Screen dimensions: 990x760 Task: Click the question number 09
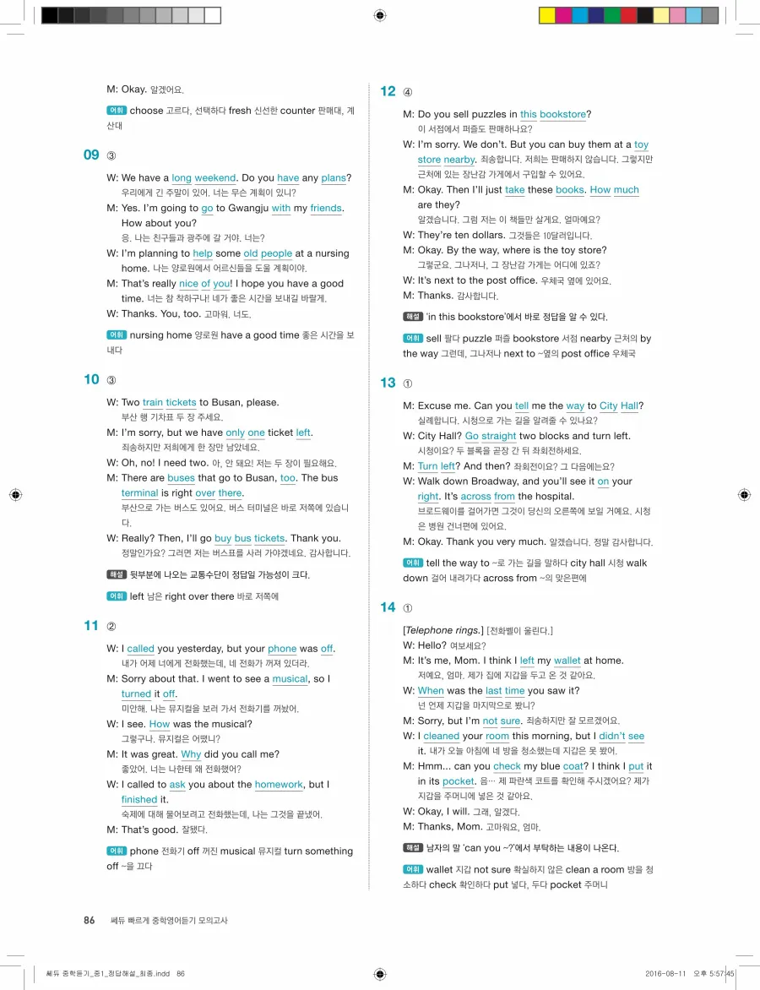(91, 155)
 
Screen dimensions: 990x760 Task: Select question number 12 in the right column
(388, 91)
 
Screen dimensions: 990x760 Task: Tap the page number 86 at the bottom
(90, 920)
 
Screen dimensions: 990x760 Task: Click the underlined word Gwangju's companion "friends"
(326, 209)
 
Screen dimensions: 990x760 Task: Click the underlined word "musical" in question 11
(290, 679)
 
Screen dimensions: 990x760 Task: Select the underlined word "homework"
(279, 785)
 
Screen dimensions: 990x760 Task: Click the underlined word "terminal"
(139, 493)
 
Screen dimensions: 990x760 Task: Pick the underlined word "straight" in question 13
(499, 437)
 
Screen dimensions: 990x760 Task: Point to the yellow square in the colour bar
(546, 15)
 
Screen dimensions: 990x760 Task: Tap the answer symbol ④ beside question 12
(408, 92)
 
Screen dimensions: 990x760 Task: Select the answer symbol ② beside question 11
(111, 626)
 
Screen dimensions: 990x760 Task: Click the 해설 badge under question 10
(116, 574)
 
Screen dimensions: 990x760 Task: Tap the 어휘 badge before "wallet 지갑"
(412, 869)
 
